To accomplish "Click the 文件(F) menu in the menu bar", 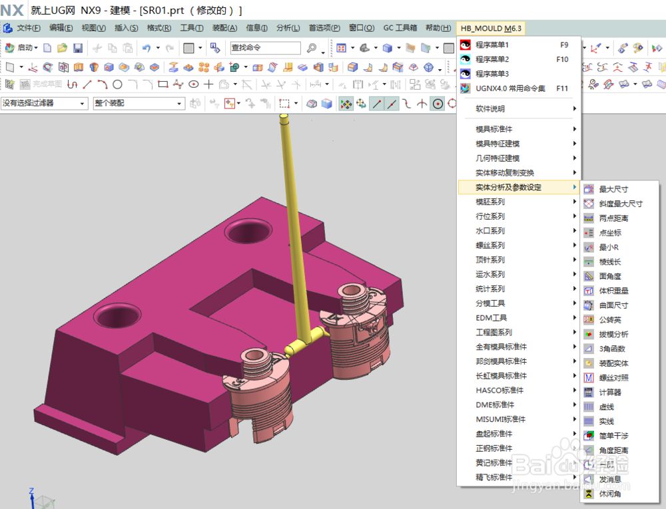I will (29, 28).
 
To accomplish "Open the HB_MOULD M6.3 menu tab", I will (491, 28).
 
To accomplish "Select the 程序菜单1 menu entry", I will (493, 45).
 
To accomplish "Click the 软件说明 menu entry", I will (490, 108).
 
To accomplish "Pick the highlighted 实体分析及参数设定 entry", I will (509, 188).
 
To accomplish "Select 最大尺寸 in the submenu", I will (613, 190).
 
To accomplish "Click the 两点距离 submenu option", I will (613, 218).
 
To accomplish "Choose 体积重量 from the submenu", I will (613, 291).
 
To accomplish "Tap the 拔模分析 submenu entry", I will (613, 335).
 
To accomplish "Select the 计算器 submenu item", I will (610, 393).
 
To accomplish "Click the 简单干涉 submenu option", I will (613, 436).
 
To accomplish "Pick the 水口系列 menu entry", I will (490, 231).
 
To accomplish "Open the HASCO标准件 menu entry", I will (499, 391).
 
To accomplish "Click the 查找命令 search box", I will (265, 48).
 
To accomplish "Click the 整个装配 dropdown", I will (139, 103).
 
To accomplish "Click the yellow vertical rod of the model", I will (291, 220).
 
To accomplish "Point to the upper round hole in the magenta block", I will (248, 232).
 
